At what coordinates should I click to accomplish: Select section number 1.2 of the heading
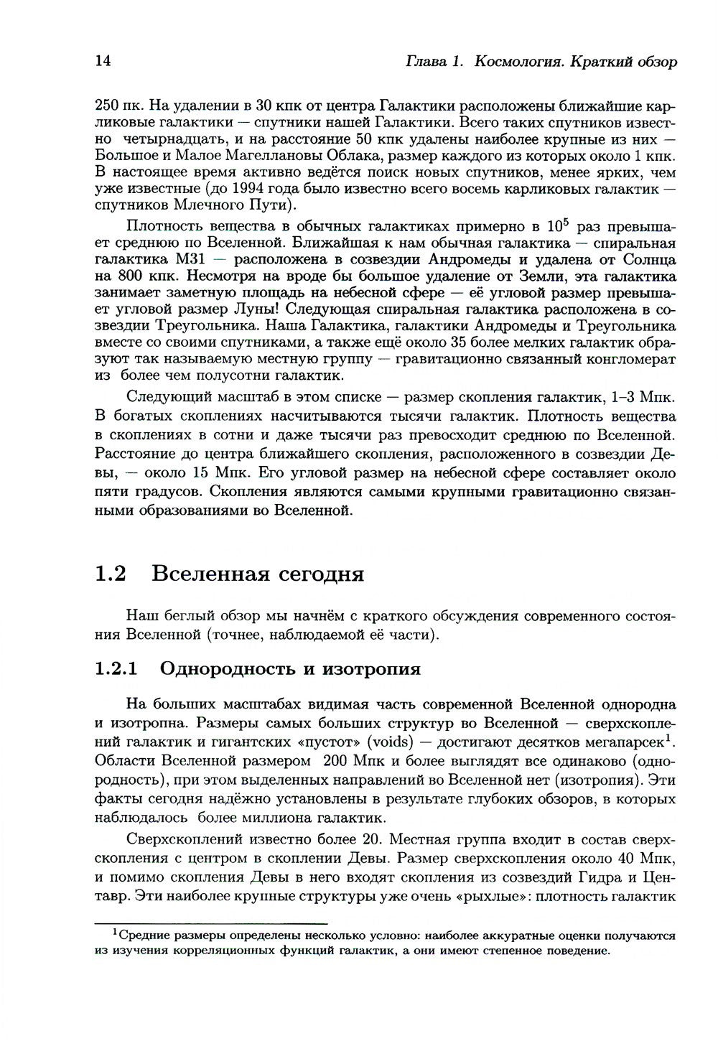point(111,574)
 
